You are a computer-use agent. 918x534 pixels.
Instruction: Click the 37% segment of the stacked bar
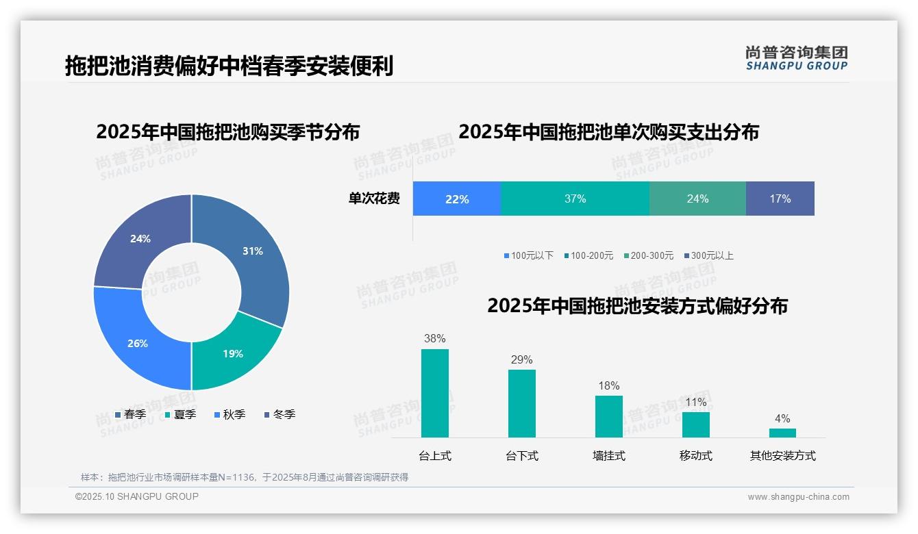(x=575, y=199)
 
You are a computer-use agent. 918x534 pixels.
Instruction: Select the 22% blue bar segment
(x=457, y=199)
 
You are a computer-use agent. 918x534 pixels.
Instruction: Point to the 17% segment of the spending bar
(x=780, y=199)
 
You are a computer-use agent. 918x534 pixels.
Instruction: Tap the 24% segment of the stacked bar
(x=697, y=199)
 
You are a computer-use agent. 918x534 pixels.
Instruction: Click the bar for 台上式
(x=435, y=393)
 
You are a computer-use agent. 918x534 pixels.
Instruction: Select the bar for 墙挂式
(x=609, y=416)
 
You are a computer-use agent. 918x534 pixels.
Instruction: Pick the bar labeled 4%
(x=782, y=433)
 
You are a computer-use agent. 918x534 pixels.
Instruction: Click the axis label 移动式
(x=696, y=456)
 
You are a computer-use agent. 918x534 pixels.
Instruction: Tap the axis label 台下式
(x=522, y=456)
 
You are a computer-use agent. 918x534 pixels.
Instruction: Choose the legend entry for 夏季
(x=181, y=414)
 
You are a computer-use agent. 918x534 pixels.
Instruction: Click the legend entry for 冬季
(x=280, y=414)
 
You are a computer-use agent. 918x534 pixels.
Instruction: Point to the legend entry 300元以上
(x=708, y=255)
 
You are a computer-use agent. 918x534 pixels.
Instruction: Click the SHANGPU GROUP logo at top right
(x=796, y=58)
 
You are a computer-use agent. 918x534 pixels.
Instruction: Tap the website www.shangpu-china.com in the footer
(x=798, y=497)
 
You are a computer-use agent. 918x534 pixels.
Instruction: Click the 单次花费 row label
(x=374, y=199)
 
